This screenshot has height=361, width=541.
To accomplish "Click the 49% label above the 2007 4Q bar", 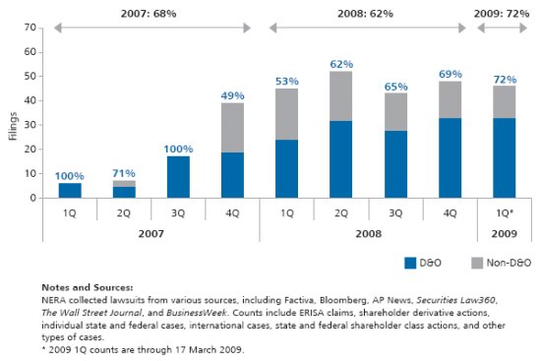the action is click(232, 95).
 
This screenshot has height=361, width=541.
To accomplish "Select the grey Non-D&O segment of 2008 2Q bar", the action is click(341, 96).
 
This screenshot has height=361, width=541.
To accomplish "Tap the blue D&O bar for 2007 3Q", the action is click(178, 177).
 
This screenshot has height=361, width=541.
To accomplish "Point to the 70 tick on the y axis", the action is click(30, 28).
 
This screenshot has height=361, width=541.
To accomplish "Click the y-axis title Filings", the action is click(13, 126).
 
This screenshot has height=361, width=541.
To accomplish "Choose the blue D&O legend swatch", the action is click(410, 263).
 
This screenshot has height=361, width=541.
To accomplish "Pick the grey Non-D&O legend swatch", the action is click(477, 263).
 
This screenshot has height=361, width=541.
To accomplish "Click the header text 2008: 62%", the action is click(365, 14).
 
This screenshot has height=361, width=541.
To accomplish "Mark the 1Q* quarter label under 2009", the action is click(505, 213).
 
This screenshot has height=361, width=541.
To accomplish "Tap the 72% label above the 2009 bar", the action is click(506, 80).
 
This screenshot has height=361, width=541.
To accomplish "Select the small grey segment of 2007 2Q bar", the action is click(124, 184).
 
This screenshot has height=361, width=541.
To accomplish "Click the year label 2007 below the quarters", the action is click(151, 234).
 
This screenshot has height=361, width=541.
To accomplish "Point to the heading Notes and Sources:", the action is click(88, 287).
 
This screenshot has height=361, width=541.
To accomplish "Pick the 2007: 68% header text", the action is click(149, 14).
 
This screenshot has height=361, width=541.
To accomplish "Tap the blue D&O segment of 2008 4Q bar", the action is click(450, 158).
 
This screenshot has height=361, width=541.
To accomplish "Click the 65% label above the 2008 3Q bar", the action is click(396, 87).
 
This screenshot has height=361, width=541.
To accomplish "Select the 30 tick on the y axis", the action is click(30, 125).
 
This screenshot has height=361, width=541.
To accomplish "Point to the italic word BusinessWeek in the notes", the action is click(197, 313).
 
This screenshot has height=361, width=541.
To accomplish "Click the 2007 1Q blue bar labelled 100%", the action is click(70, 191).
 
